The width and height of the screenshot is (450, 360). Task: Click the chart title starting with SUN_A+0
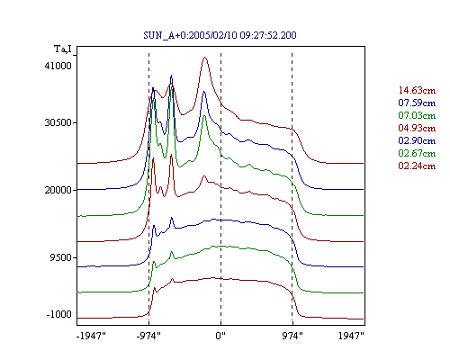pos(220,35)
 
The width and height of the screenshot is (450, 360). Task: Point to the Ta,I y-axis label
pos(63,49)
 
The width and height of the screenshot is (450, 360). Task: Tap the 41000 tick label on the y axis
pos(58,66)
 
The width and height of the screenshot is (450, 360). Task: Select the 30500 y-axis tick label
pos(58,122)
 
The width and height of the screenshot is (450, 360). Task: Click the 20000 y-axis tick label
pos(58,190)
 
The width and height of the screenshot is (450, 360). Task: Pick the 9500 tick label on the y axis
pos(62,257)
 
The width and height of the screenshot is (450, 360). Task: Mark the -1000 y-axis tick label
pos(59,314)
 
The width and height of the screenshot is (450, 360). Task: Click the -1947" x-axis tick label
pos(91,336)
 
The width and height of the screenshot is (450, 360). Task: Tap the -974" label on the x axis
pos(148,336)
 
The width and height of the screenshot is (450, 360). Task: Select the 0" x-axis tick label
pos(220,336)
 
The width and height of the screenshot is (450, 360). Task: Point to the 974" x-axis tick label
pos(292,336)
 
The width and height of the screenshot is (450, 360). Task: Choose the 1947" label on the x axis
pos(351,336)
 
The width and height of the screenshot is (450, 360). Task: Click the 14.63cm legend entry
pos(417,90)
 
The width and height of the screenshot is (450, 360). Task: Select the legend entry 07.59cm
pos(417,103)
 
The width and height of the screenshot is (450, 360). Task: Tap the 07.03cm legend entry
pos(417,115)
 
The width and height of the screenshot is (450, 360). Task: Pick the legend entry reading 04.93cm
pos(417,128)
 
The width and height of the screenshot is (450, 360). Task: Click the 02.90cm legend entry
pos(417,140)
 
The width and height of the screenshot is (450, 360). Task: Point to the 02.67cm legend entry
pos(417,153)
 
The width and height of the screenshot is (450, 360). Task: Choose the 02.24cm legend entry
pos(417,166)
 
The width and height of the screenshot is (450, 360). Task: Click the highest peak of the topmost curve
pos(205,58)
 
